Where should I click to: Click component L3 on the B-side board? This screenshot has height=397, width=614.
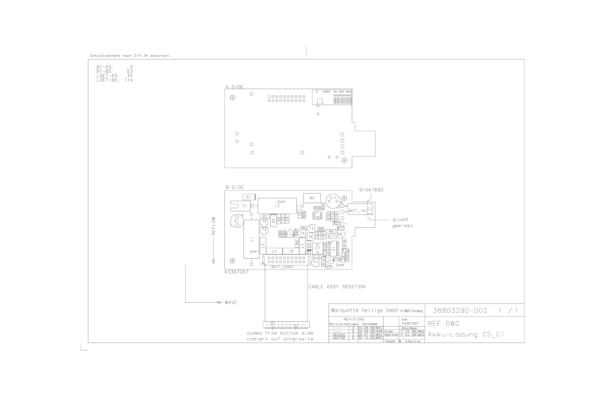pyautogui.click(x=277, y=206)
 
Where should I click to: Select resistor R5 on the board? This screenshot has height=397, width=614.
pyautogui.click(x=312, y=198)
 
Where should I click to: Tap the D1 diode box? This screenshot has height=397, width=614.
pyautogui.click(x=249, y=197)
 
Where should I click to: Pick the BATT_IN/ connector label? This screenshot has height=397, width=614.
pyautogui.click(x=358, y=211)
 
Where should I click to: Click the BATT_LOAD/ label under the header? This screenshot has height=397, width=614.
pyautogui.click(x=283, y=267)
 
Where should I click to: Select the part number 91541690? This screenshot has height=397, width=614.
pyautogui.click(x=371, y=190)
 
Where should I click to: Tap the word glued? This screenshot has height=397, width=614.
pyautogui.click(x=400, y=220)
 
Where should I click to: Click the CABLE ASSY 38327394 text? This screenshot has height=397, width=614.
pyautogui.click(x=337, y=287)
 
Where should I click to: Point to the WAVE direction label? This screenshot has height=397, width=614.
pyautogui.click(x=231, y=303)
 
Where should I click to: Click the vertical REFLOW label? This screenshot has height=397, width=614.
pyautogui.click(x=213, y=226)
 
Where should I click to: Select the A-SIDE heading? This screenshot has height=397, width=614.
pyautogui.click(x=235, y=87)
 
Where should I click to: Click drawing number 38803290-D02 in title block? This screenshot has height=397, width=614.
pyautogui.click(x=460, y=311)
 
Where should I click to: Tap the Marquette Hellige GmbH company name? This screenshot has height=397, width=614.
pyautogui.click(x=365, y=311)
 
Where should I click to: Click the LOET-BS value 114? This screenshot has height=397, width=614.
pyautogui.click(x=128, y=80)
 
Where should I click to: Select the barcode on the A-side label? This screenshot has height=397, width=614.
pyautogui.click(x=342, y=101)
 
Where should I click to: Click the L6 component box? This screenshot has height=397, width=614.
pyautogui.click(x=291, y=251)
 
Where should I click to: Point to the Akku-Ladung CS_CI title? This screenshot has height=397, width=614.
pyautogui.click(x=466, y=335)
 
